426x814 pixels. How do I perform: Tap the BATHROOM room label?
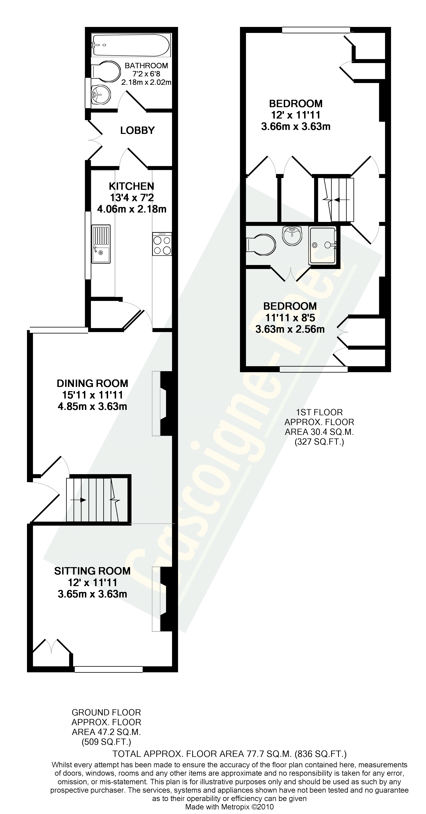click(146, 66)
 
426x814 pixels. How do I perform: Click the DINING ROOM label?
click(93, 383)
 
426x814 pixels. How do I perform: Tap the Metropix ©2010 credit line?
click(229, 807)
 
